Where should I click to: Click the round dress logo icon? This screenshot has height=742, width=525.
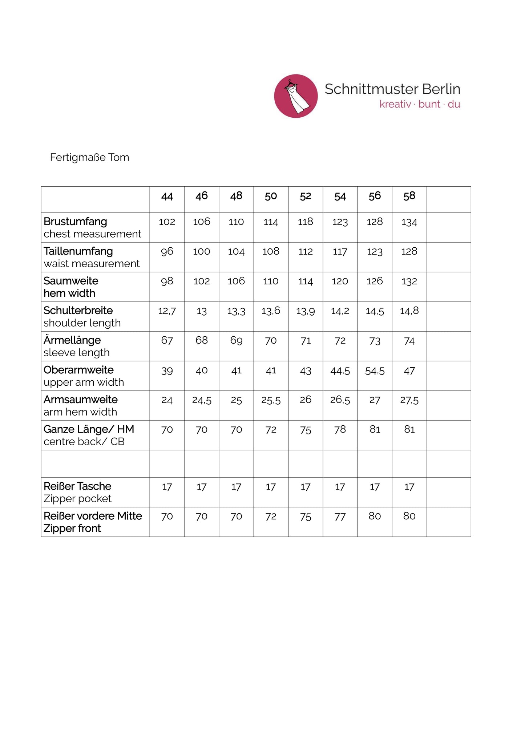point(296,96)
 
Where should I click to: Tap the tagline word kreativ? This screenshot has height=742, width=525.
point(395,105)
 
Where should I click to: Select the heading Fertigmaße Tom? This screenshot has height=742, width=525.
point(89,157)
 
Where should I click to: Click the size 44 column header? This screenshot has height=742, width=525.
point(167,196)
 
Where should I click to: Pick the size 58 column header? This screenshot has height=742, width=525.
point(409,196)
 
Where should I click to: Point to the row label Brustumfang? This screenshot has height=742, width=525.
point(75,222)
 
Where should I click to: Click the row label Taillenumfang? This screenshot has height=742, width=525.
point(78,251)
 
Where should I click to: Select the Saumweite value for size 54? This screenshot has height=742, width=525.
point(340,281)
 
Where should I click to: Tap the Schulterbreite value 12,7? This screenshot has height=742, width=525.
point(167,311)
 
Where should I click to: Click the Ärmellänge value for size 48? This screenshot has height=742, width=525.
point(236,341)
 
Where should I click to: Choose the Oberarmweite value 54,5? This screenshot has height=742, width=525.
point(375,371)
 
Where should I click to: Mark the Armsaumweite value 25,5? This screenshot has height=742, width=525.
point(271,400)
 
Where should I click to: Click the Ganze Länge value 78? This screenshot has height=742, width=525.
point(340,430)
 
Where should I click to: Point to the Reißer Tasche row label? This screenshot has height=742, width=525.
point(77,486)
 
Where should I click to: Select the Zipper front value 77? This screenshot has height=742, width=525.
point(340,516)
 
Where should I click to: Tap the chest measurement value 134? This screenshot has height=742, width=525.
point(409,222)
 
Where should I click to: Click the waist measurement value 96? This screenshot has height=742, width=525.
point(167,251)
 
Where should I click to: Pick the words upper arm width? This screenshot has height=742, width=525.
point(84,382)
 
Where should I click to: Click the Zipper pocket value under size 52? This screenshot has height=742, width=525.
point(305,487)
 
